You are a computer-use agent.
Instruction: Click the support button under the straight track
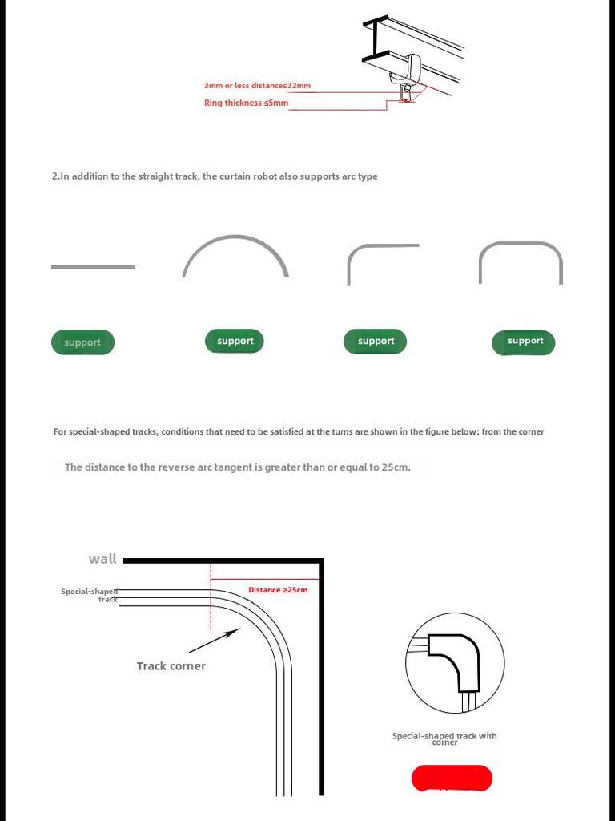pos(82,342)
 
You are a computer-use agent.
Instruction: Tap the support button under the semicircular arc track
pos(235,341)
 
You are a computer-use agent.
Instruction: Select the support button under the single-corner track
pos(376,341)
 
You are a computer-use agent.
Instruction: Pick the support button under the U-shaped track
pos(524,342)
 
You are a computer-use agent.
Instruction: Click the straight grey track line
pos(93,267)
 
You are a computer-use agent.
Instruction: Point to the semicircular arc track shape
pos(235,238)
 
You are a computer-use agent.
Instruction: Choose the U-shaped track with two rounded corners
pos(521,244)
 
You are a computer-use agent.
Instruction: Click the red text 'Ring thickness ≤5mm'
pos(246,103)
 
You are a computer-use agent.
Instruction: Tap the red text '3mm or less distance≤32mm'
pos(257,86)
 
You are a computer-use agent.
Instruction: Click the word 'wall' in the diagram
pos(102,559)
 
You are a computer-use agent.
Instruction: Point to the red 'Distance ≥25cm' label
pos(277,590)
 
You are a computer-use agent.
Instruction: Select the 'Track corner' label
pos(171,666)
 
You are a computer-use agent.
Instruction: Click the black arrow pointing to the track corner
pos(214,641)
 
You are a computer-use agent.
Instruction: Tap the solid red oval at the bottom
pos(452,778)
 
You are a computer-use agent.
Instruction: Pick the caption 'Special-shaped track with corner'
pos(444,738)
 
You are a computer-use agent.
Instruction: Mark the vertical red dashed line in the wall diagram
pos(211,597)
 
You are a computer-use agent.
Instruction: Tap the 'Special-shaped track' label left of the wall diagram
pos(90,595)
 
